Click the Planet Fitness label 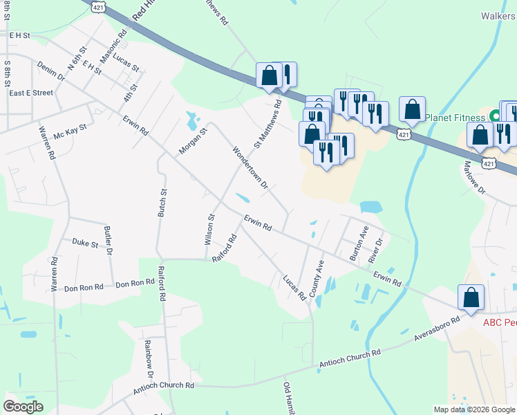pyautogui.click(x=455, y=118)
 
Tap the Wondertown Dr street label pyautogui.click(x=250, y=167)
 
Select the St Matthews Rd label pyautogui.click(x=267, y=124)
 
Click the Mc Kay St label pyautogui.click(x=70, y=129)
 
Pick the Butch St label pyautogui.click(x=163, y=203)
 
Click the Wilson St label pyautogui.click(x=210, y=229)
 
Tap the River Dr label pyautogui.click(x=376, y=250)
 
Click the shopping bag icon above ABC pyautogui.click(x=471, y=297)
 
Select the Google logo pyautogui.click(x=23, y=407)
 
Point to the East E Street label pyautogui.click(x=31, y=93)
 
